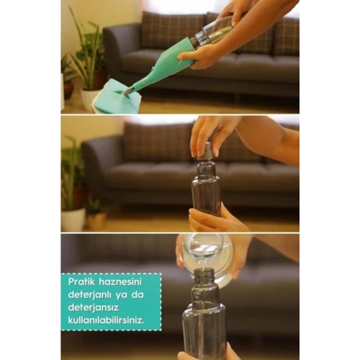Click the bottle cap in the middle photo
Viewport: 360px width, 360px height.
point(207,152)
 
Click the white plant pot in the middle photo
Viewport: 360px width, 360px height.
point(73,218)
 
